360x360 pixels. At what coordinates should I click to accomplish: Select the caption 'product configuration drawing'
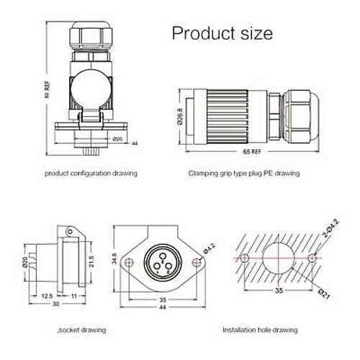(91, 174)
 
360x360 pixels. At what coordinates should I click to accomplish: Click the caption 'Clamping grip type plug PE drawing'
(244, 174)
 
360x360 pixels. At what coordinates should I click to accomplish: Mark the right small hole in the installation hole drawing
(311, 258)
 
